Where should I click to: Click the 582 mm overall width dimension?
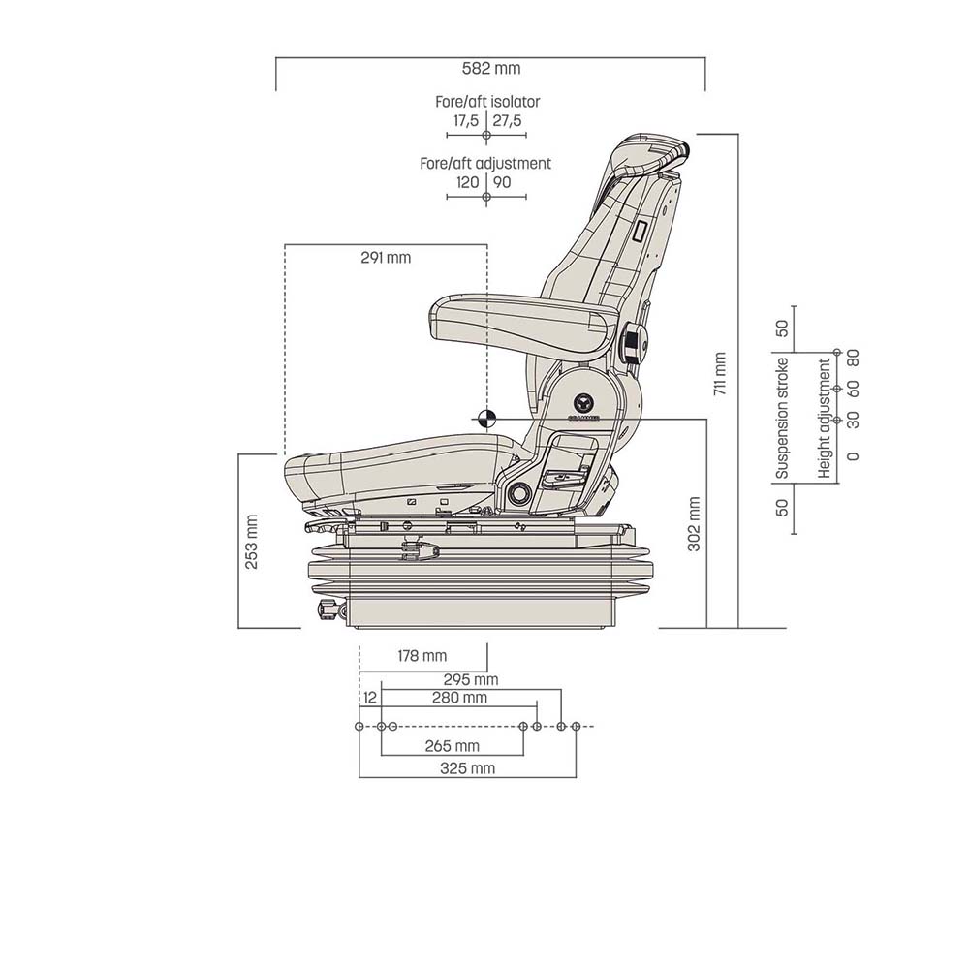pos(491,69)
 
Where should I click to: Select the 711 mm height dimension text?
pos(719,375)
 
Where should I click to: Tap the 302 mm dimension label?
pos(694,524)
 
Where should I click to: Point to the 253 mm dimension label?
pos(252,541)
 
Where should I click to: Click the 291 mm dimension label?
pos(386,258)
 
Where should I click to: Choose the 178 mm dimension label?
pos(422,656)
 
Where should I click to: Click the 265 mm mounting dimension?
pos(453,745)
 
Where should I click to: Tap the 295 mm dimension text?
pos(471,680)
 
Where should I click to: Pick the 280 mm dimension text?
pos(459,698)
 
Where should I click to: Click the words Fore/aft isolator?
pos(487,102)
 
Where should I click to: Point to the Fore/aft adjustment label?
pos(485,164)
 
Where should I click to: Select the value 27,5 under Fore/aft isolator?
pos(507,121)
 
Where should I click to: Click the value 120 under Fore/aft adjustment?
pos(467,182)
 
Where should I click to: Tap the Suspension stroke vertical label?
pos(783,419)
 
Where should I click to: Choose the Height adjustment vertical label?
pos(825,419)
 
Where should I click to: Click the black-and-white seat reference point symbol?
pos(485,419)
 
